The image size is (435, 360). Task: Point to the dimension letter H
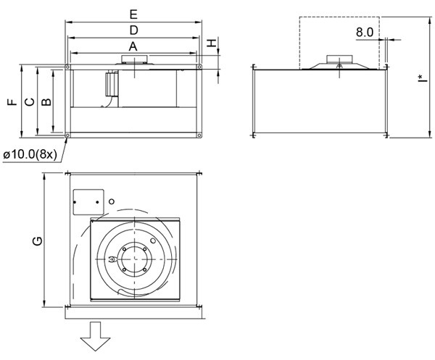[212, 43]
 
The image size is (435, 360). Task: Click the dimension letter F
[12, 102]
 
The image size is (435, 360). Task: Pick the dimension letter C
[29, 102]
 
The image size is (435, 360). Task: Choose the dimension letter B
[45, 102]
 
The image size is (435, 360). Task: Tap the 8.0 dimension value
[365, 33]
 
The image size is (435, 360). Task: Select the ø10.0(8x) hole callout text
[31, 154]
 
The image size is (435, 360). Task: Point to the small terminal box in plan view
[88, 201]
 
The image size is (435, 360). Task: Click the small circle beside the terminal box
[112, 201]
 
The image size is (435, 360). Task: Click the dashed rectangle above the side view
[339, 42]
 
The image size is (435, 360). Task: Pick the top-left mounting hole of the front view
[67, 68]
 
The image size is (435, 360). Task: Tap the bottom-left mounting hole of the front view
[67, 135]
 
